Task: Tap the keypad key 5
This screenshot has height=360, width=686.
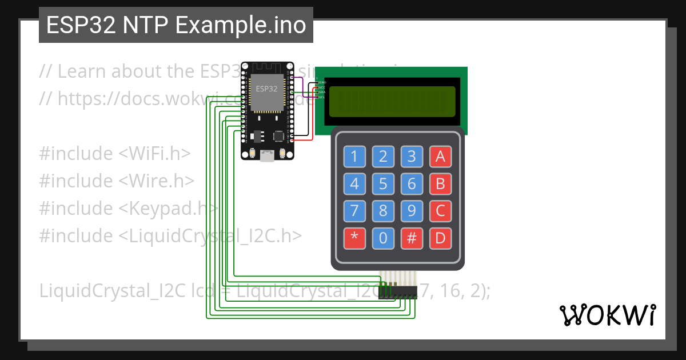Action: (x=383, y=184)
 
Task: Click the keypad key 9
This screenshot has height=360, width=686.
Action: (x=412, y=211)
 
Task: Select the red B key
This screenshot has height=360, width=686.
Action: (x=440, y=184)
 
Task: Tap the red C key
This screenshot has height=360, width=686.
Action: (x=440, y=211)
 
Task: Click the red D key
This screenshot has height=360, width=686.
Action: (x=440, y=238)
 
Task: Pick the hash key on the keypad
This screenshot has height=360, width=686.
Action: (x=412, y=238)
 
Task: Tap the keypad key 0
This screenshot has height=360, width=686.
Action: (x=383, y=238)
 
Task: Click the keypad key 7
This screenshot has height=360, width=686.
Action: (x=354, y=211)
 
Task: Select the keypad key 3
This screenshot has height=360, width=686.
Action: (x=412, y=157)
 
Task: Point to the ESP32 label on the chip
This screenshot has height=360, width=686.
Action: (x=267, y=89)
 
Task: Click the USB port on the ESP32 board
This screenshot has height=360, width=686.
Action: (x=266, y=155)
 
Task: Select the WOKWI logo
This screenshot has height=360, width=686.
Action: (x=607, y=315)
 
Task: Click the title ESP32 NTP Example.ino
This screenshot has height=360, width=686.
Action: (x=176, y=25)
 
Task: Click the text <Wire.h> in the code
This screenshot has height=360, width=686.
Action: (x=157, y=181)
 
